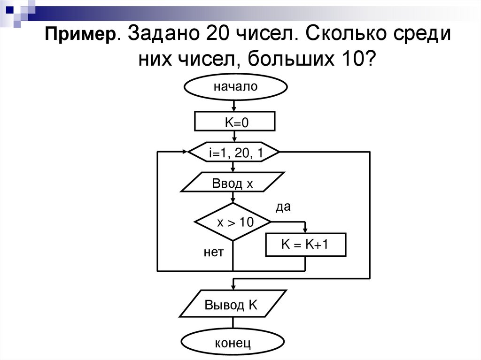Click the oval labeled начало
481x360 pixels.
click(x=235, y=87)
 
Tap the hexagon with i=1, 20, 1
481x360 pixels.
click(x=234, y=152)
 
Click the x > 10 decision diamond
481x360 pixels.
click(x=233, y=222)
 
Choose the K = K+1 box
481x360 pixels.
click(x=306, y=245)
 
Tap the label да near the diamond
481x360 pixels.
click(x=283, y=207)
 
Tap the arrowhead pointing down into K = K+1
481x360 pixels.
click(x=306, y=230)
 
